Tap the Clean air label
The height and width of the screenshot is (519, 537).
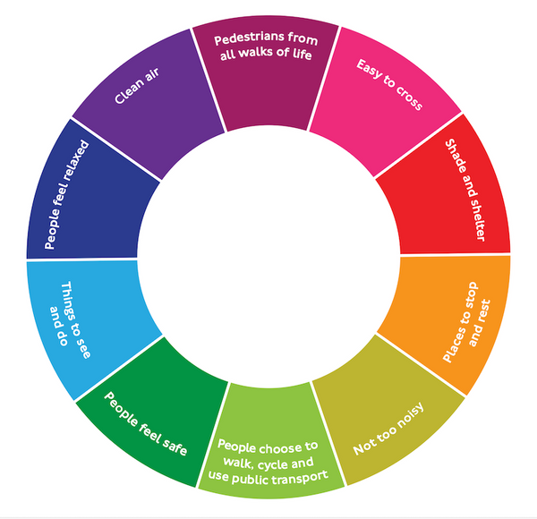click(x=137, y=86)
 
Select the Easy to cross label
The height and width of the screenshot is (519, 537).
click(x=389, y=84)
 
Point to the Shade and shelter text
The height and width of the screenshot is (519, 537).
click(x=465, y=190)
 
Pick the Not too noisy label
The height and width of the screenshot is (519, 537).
click(x=388, y=429)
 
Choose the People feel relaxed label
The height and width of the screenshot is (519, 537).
click(x=66, y=194)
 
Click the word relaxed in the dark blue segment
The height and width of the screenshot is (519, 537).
click(x=75, y=159)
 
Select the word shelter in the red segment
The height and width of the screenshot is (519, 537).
click(x=477, y=219)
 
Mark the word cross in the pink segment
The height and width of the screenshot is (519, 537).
click(x=409, y=98)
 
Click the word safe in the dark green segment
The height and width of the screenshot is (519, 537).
click(x=175, y=446)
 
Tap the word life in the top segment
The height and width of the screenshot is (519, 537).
click(x=303, y=54)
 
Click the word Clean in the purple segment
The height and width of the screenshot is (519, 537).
click(x=127, y=92)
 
